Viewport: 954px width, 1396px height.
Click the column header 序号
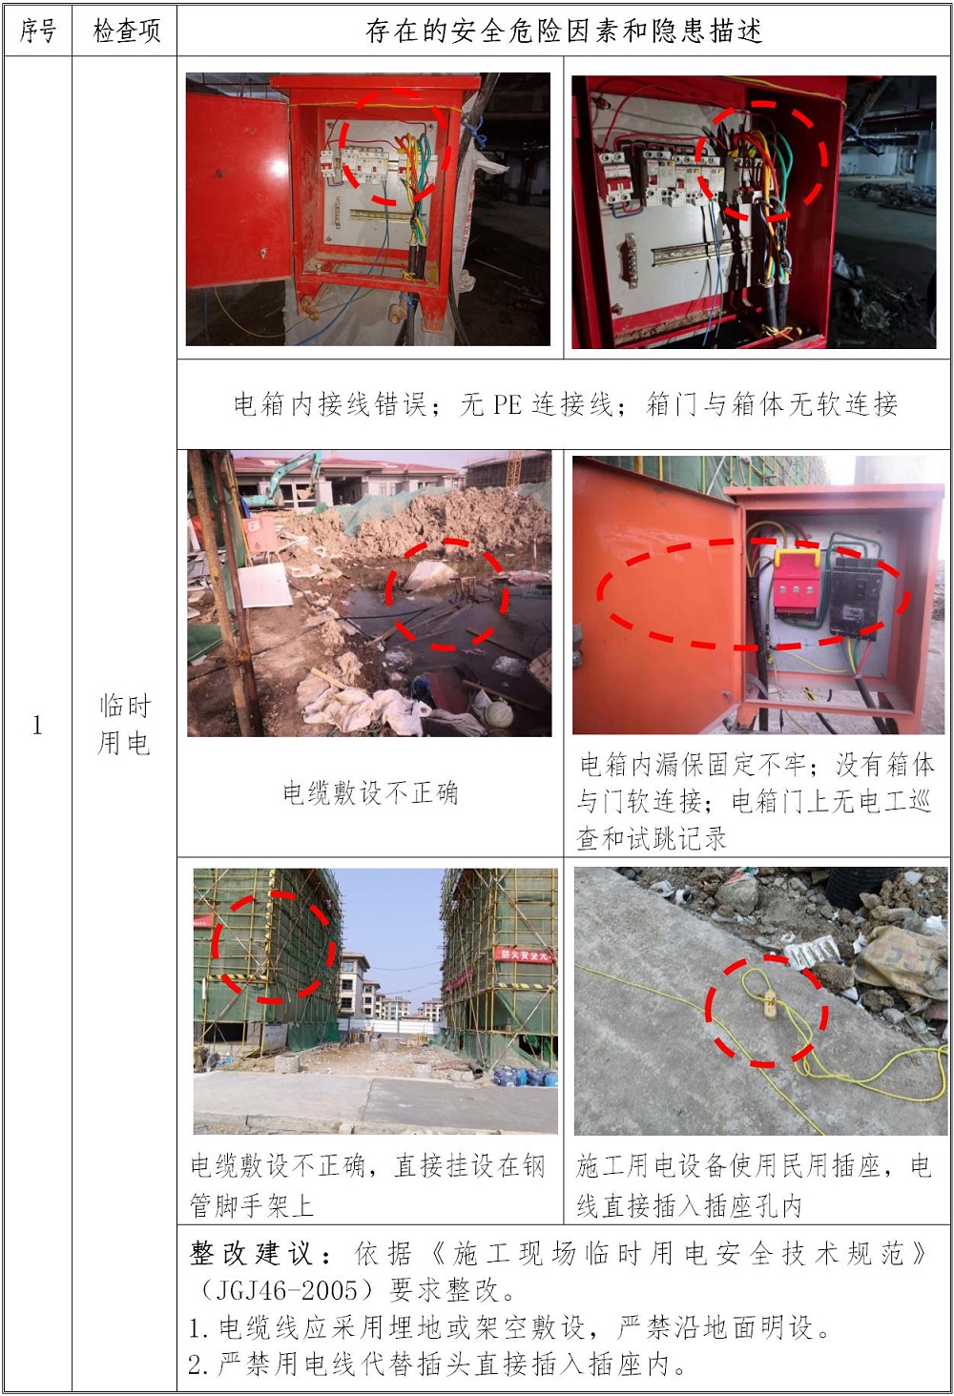tap(37, 31)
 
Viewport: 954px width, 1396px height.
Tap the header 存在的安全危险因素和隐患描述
tap(564, 31)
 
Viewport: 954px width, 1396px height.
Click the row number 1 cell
tap(37, 725)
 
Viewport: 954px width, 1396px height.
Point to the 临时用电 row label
tap(125, 725)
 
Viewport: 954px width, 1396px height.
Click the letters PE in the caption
tap(507, 405)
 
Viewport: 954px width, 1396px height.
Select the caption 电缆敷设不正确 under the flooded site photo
tap(370, 792)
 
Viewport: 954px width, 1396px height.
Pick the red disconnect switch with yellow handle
tap(797, 584)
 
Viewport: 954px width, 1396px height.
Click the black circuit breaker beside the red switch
tap(855, 595)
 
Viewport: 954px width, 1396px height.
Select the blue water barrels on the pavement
tap(526, 1077)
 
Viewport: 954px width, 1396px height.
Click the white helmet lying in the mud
tap(500, 711)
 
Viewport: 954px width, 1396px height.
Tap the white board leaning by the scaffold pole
tap(265, 585)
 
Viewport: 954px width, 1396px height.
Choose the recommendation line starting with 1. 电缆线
tap(508, 1327)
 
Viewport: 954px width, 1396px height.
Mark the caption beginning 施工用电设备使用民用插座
tap(754, 1184)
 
